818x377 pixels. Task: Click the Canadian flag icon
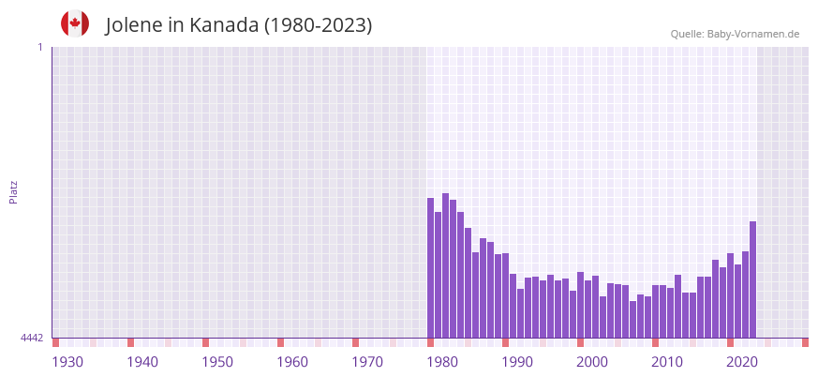75,24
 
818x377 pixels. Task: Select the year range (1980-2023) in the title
318,25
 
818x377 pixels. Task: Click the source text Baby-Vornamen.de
752,34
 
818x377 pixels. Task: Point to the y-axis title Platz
13,191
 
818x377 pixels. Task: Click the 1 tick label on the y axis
39,47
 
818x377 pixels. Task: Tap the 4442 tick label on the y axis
32,338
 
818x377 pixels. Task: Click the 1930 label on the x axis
67,362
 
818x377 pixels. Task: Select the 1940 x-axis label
142,362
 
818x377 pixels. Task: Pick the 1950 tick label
217,362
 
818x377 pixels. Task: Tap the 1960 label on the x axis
292,362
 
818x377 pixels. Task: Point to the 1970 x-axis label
367,362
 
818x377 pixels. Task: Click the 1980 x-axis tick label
442,362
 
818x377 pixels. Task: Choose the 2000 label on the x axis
592,362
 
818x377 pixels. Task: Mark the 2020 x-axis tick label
742,362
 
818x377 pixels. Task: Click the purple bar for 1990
506,295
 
